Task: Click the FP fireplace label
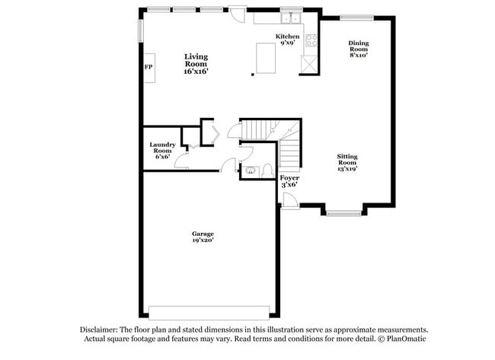click(x=148, y=68)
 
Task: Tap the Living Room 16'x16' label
click(x=196, y=64)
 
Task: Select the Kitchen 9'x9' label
click(x=287, y=40)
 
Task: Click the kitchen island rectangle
click(x=265, y=59)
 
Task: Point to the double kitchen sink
click(x=290, y=19)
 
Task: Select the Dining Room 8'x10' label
click(x=359, y=48)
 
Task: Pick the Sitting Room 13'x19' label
click(x=347, y=163)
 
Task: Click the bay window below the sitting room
click(x=344, y=212)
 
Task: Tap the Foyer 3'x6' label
click(x=289, y=181)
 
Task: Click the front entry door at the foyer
click(x=288, y=200)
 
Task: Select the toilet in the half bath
click(x=267, y=170)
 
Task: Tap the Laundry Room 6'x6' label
click(x=162, y=151)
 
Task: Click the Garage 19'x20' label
click(x=203, y=237)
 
